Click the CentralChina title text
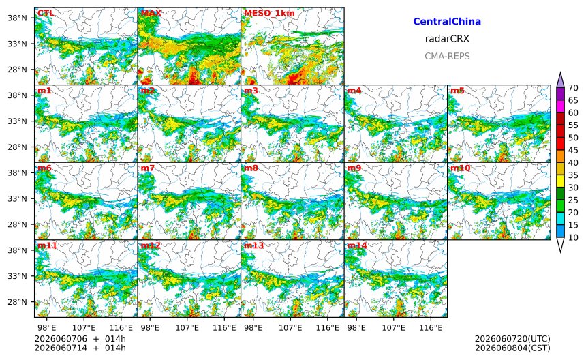click(447, 21)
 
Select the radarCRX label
click(447, 38)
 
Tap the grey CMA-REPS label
click(447, 56)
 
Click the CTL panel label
click(45, 13)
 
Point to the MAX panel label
click(151, 13)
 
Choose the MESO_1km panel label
click(269, 13)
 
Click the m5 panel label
click(457, 91)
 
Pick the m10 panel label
click(460, 168)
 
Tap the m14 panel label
click(357, 245)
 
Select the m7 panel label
click(148, 168)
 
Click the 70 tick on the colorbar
click(573, 88)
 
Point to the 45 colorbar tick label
click(573, 150)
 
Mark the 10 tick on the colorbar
click(573, 237)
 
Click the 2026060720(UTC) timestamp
click(512, 339)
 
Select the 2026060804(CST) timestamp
click(512, 348)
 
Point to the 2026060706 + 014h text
click(80, 339)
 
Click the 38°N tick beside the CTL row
click(17, 18)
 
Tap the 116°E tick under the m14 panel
click(431, 328)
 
